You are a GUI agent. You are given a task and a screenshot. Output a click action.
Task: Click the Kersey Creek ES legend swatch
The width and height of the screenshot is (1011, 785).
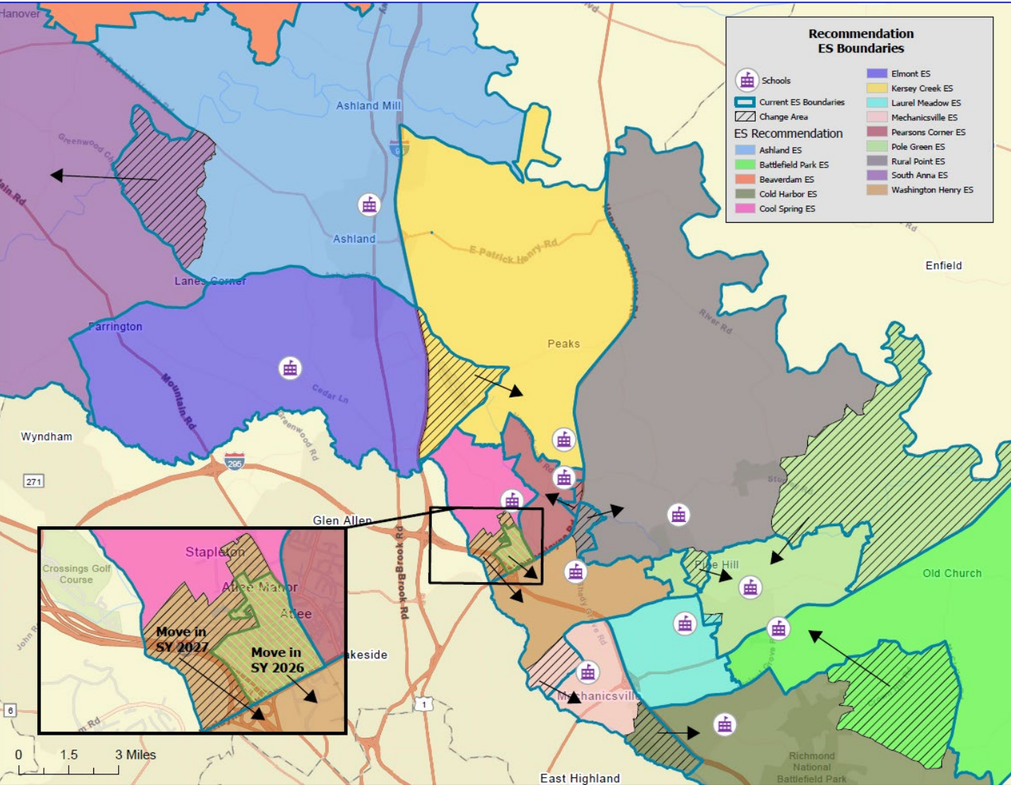[x=877, y=88]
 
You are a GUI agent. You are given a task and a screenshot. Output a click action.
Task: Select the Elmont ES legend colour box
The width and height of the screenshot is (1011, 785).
[x=877, y=74]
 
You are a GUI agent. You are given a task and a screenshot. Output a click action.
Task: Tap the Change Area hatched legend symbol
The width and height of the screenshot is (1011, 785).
[x=745, y=117]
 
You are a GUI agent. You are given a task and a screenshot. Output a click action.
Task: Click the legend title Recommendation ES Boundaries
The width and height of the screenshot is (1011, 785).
[x=860, y=41]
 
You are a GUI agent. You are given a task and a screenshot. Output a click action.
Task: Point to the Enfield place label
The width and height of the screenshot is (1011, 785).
[x=943, y=266]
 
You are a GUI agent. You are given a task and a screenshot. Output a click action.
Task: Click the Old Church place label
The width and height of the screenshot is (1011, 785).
[x=952, y=574]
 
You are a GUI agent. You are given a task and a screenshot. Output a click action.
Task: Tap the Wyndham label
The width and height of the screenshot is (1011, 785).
[x=47, y=436]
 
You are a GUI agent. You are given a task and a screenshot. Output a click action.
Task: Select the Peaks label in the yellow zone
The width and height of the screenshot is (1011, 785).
[x=563, y=344]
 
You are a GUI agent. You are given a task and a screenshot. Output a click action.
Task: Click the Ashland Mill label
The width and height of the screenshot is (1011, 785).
[x=368, y=105]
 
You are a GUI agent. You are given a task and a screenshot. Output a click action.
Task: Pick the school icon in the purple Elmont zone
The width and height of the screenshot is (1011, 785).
[x=290, y=368]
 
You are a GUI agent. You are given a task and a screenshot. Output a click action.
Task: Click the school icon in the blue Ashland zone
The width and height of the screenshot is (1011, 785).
[x=369, y=205]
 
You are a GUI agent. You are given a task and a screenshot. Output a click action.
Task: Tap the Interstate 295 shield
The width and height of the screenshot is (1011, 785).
[x=235, y=462]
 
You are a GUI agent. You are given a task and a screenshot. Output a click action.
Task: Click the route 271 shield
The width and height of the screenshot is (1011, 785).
[x=34, y=482]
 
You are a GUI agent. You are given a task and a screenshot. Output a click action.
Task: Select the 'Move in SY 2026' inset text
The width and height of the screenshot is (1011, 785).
[x=277, y=660]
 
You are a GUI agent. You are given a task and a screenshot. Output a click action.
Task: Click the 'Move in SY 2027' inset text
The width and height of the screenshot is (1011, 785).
[x=182, y=639]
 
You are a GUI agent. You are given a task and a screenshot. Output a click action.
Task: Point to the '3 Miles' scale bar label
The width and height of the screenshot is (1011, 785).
[x=136, y=755]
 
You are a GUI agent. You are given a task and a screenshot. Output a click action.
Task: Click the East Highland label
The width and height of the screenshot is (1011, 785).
[x=580, y=778]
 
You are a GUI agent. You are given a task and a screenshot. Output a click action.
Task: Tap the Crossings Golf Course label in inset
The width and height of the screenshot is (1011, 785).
[x=76, y=574]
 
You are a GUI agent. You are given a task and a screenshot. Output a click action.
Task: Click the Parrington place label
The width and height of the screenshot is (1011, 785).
[x=115, y=327]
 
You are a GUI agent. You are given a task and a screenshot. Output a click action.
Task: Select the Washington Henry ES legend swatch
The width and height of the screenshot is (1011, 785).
[x=877, y=190]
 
